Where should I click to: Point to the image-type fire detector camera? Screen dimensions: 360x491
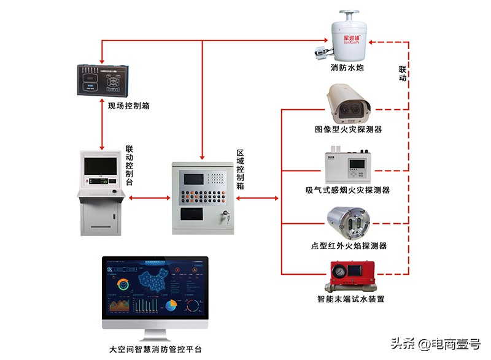(x=347, y=103)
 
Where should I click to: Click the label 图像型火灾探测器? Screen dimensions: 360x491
(x=349, y=130)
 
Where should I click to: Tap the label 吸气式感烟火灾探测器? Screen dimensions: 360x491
(x=347, y=190)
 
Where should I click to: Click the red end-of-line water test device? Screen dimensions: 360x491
(x=347, y=277)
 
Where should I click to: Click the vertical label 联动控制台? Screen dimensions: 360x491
(x=130, y=166)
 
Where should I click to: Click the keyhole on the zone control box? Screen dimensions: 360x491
(x=225, y=216)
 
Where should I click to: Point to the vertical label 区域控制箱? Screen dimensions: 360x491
(x=241, y=168)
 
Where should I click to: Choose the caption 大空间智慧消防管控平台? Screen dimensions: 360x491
(x=155, y=350)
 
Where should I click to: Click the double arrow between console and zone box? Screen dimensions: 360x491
(x=149, y=198)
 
